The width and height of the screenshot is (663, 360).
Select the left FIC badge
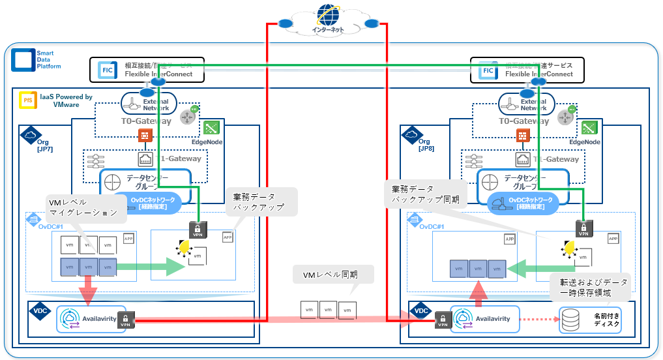(107, 70)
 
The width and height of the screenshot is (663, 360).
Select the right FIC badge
(488, 70)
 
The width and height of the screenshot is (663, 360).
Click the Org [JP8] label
(424, 145)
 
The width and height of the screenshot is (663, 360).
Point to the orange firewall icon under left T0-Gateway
(145, 136)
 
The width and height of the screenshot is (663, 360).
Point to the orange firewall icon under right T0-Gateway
(522, 136)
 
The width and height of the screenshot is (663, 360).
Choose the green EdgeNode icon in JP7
(211, 128)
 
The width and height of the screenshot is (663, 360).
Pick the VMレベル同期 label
(334, 275)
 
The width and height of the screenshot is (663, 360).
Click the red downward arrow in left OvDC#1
(87, 288)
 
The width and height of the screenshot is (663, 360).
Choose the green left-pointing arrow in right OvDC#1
(541, 267)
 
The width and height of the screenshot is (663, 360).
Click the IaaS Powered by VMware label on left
(65, 100)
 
